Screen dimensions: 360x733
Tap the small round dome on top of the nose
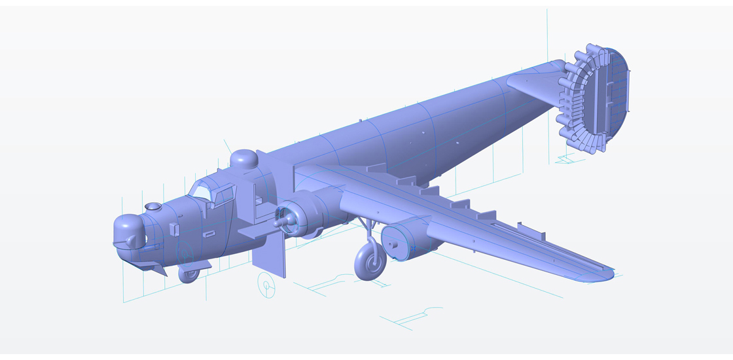(x=152, y=207)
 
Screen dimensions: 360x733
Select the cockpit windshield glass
(x=202, y=190)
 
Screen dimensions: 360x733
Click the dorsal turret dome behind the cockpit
(x=243, y=158)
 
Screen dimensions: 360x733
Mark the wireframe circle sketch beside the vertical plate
(x=266, y=285)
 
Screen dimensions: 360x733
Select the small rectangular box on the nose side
(x=174, y=228)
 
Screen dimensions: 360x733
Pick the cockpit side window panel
(x=224, y=194)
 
